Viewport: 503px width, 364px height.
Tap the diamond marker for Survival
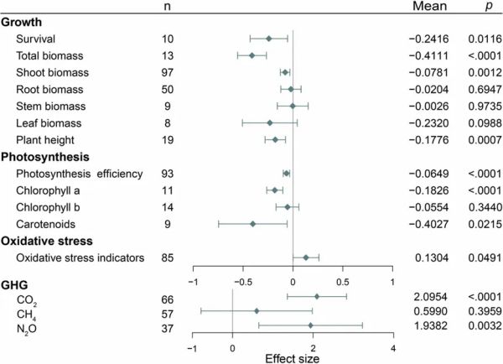tap(269, 38)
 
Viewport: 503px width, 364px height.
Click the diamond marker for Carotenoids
tap(252, 223)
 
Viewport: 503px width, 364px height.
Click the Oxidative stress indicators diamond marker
tap(306, 257)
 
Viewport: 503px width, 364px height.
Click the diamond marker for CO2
tap(317, 296)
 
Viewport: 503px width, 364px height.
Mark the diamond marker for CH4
tap(257, 310)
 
